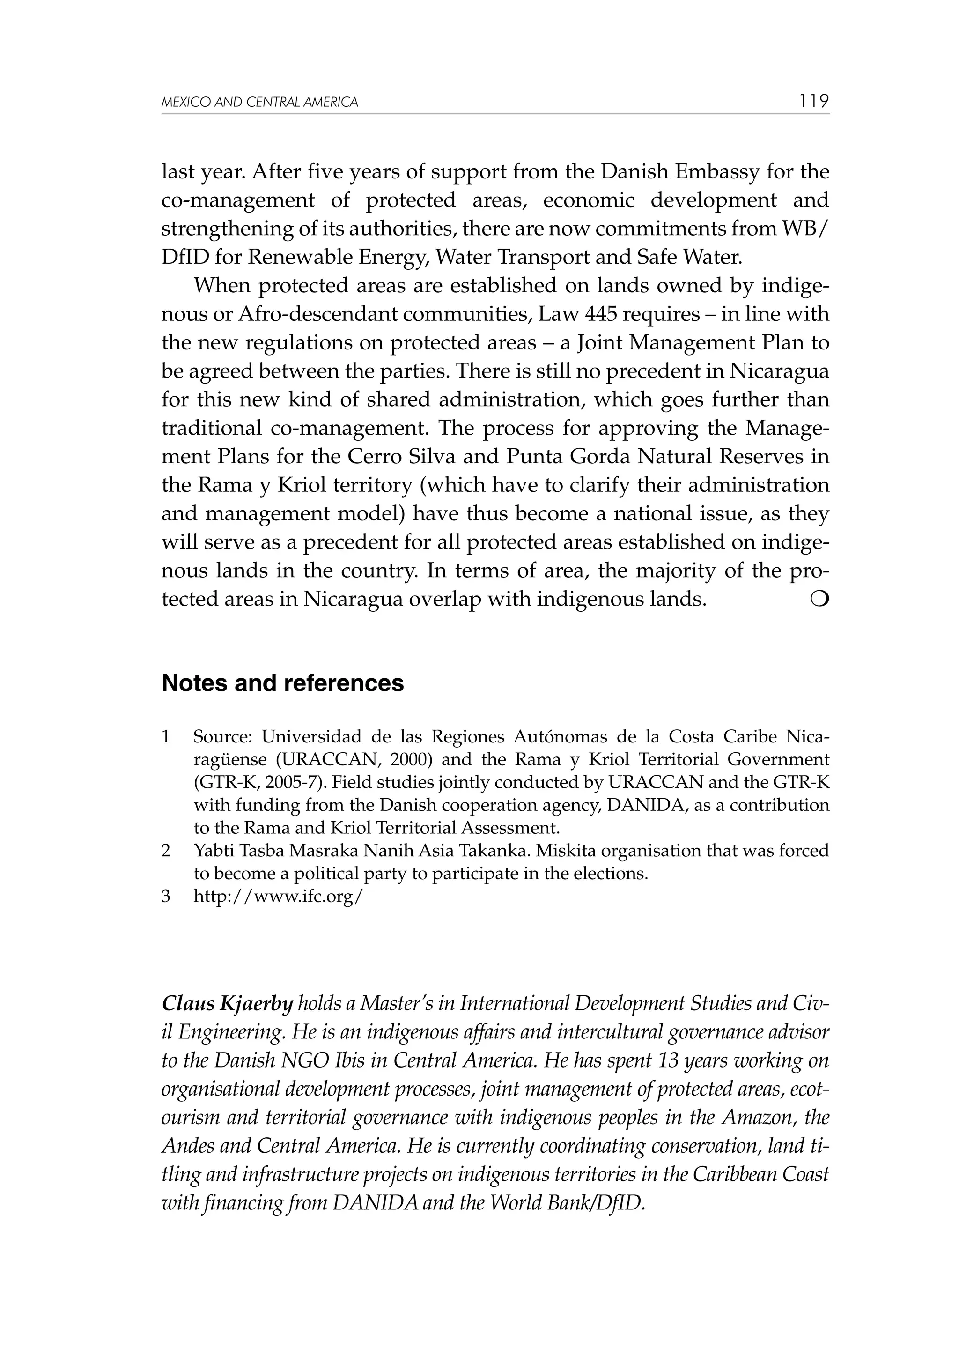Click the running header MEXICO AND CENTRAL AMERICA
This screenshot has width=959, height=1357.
pos(259,102)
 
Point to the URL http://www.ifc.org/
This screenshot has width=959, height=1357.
pos(278,897)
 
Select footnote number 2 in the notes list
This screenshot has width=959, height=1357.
pos(166,851)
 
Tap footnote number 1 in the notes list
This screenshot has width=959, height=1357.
pos(166,737)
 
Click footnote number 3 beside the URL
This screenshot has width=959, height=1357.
pos(166,897)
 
